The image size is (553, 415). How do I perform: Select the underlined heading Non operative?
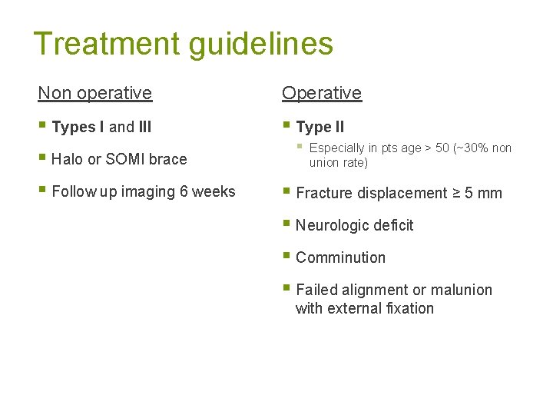click(x=95, y=93)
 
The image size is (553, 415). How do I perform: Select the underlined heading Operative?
click(x=321, y=93)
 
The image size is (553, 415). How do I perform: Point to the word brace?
click(x=169, y=159)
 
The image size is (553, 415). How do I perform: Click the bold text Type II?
click(x=320, y=127)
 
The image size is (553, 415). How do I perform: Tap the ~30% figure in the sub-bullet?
click(x=472, y=148)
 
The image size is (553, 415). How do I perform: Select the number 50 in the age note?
click(x=443, y=148)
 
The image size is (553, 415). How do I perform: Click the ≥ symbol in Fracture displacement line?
click(x=455, y=193)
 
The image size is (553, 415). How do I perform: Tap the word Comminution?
click(x=340, y=257)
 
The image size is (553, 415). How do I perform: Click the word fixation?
click(x=408, y=308)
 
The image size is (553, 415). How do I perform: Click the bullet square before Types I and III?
click(x=42, y=127)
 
